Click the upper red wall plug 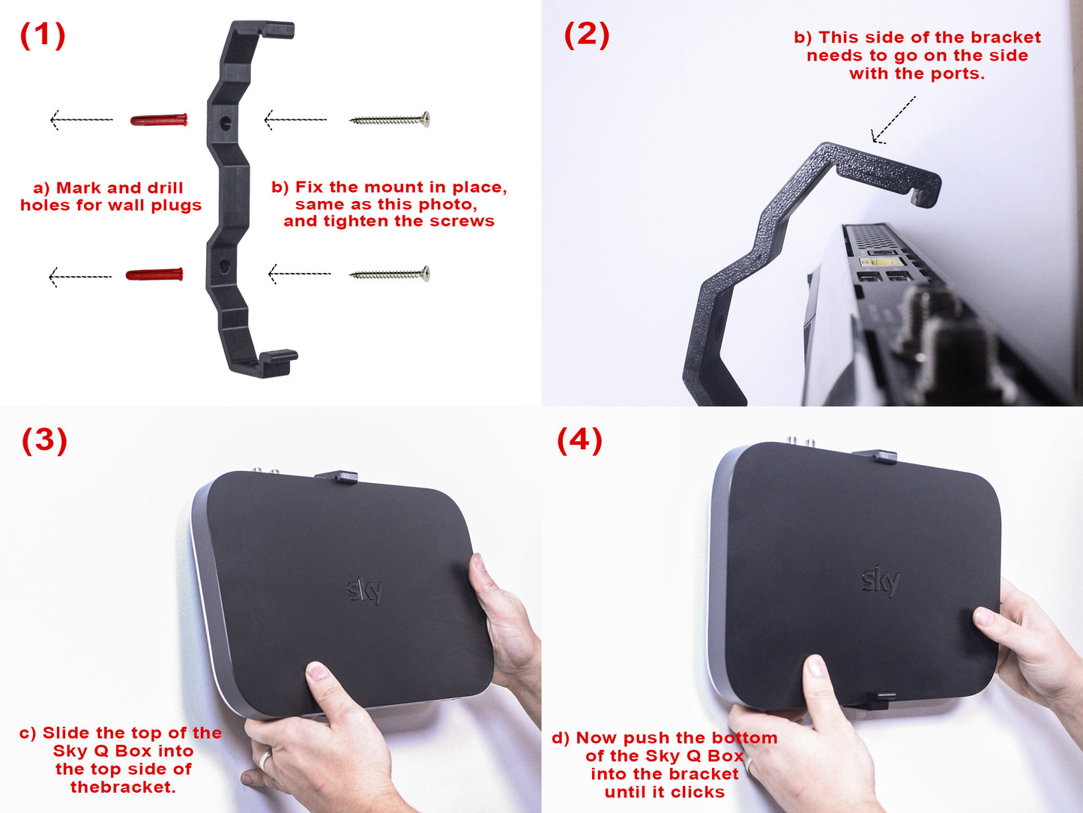(x=159, y=120)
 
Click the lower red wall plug (x=154, y=274)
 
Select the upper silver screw (x=390, y=119)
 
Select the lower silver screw (x=390, y=274)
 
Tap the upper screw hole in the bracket (x=225, y=123)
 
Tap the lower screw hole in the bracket (x=225, y=266)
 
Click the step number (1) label (x=43, y=35)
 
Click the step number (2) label (x=587, y=35)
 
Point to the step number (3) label (x=44, y=440)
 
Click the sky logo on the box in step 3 (x=364, y=591)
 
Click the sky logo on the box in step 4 (x=881, y=580)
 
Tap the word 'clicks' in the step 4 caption (x=699, y=792)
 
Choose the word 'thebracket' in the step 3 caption (x=123, y=787)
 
